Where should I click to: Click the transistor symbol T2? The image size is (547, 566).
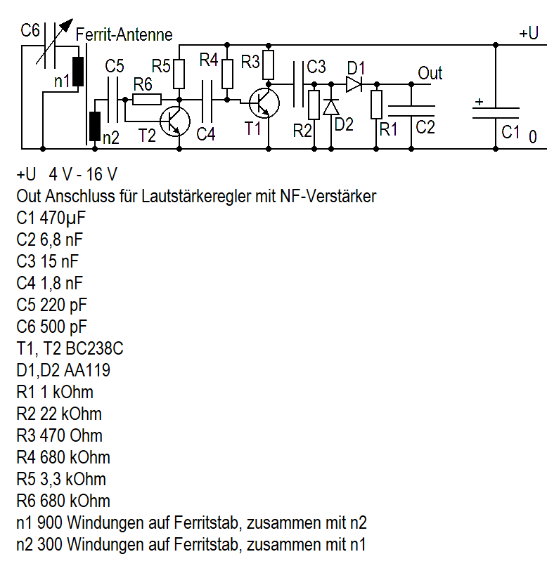pyautogui.click(x=174, y=121)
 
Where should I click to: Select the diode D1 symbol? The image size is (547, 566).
pyautogui.click(x=354, y=84)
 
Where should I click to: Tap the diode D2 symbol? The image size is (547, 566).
pyautogui.click(x=330, y=107)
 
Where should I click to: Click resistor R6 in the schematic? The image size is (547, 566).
pyautogui.click(x=147, y=99)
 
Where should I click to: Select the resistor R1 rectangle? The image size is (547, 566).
pyautogui.click(x=377, y=105)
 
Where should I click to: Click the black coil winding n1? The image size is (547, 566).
pyautogui.click(x=78, y=71)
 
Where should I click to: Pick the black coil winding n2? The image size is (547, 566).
pyautogui.click(x=94, y=126)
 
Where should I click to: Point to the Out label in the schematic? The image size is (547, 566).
pyautogui.click(x=430, y=73)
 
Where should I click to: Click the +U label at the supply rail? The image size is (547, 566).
pyautogui.click(x=529, y=34)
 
